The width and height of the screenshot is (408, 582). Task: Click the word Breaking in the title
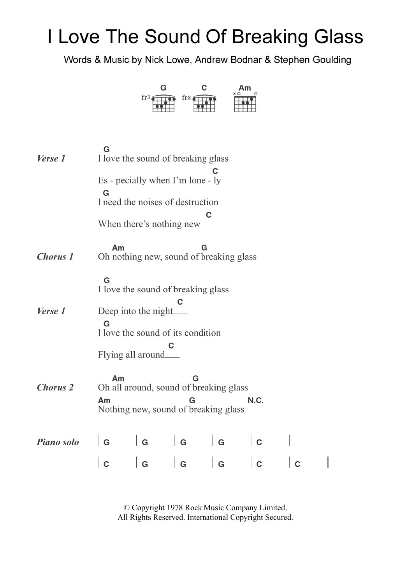(x=269, y=37)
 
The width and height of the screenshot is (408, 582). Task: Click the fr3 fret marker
(x=145, y=98)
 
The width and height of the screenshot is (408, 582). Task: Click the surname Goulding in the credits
(x=333, y=60)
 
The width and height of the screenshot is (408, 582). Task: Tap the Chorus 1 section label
(x=55, y=257)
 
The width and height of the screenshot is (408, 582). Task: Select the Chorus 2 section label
(x=55, y=387)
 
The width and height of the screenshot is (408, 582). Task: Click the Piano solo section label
(x=58, y=442)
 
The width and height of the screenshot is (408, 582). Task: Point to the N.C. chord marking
(x=255, y=401)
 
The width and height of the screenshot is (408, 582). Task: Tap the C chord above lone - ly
(x=215, y=171)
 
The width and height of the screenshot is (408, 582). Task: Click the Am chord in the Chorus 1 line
(x=118, y=248)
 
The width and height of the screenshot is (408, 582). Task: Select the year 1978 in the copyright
(x=175, y=507)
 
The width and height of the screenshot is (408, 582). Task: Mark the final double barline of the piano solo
(x=329, y=463)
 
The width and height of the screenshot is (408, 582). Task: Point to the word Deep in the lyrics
(x=108, y=311)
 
